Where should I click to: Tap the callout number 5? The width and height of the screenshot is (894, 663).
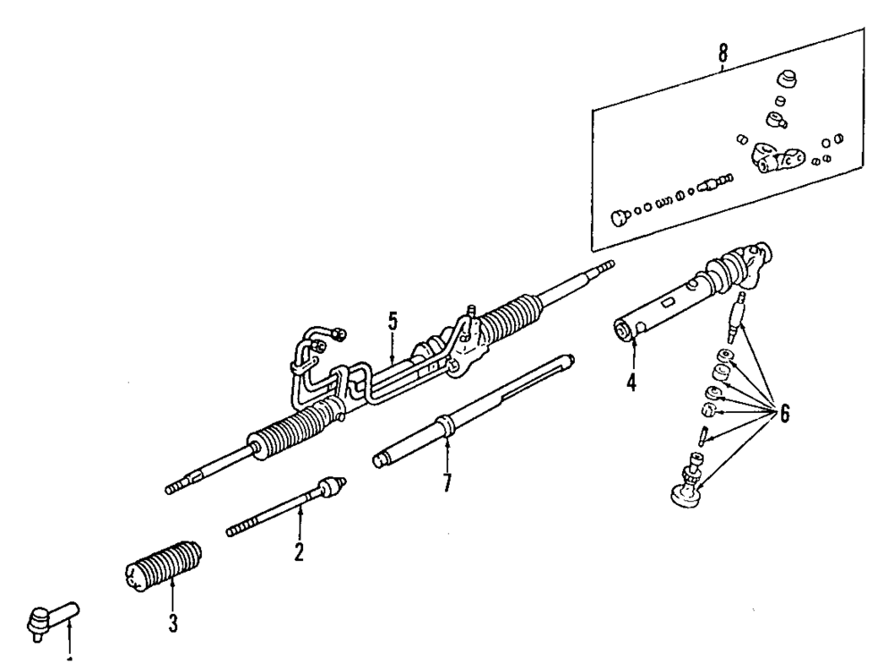click(392, 323)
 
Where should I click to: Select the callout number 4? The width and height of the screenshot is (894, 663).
click(631, 384)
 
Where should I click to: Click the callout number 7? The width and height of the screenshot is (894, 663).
click(446, 483)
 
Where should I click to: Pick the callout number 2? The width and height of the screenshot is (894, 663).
click(299, 551)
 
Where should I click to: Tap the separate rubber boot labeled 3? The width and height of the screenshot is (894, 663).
click(164, 564)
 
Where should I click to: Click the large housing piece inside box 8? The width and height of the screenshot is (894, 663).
click(774, 160)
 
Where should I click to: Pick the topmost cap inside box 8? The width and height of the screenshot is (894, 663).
click(788, 78)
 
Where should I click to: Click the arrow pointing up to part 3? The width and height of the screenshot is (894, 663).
click(173, 594)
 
